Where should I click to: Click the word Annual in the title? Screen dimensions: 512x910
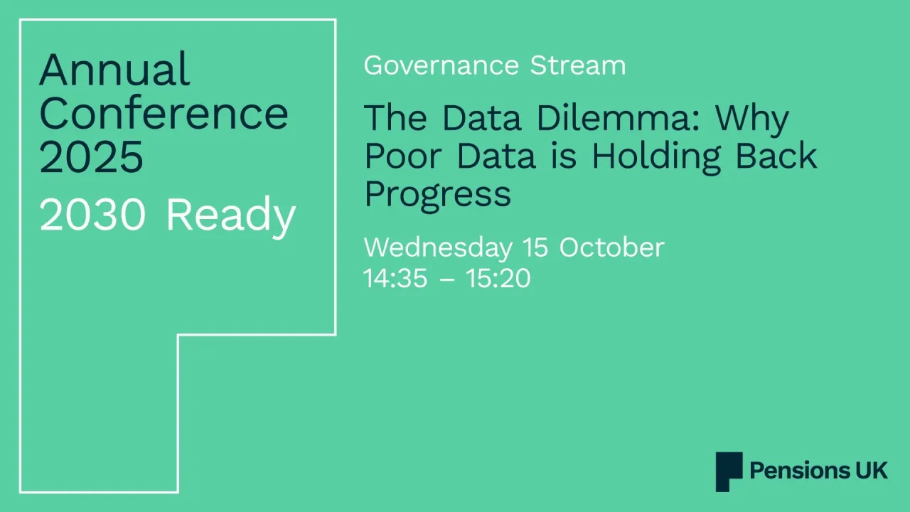click(x=114, y=70)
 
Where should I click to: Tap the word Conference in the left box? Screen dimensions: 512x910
click(x=164, y=113)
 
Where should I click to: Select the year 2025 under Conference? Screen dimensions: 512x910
click(x=91, y=157)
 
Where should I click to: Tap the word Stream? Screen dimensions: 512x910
click(x=578, y=65)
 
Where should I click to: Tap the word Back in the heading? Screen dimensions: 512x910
click(x=776, y=156)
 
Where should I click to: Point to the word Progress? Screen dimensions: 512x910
click(x=437, y=194)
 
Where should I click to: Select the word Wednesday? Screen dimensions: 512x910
click(x=437, y=247)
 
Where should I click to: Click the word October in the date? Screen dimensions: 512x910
click(x=611, y=247)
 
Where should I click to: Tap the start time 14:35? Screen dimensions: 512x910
click(x=395, y=278)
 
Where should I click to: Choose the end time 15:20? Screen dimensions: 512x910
click(x=498, y=278)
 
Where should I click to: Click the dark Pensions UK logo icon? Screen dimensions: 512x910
click(x=729, y=471)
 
